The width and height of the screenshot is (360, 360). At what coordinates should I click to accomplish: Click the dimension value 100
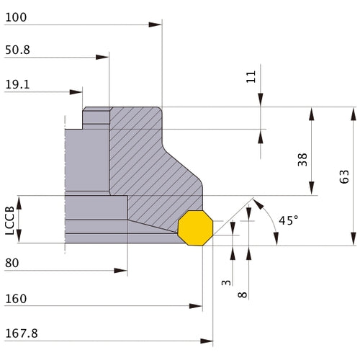[16, 17]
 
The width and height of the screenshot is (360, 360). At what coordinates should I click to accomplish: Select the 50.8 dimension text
[17, 50]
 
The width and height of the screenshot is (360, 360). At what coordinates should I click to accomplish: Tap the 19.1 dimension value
[17, 84]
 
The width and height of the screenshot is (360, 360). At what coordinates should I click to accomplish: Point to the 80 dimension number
[12, 263]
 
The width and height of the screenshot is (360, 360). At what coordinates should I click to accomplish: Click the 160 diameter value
[16, 299]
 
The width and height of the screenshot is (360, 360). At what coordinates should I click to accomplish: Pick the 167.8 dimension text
[22, 333]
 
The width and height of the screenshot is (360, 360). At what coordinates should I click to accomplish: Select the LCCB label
[10, 220]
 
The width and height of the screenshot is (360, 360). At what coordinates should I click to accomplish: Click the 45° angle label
[289, 220]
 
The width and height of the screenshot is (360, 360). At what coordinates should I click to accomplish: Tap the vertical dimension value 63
[344, 176]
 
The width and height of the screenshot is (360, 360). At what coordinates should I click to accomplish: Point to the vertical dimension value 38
[302, 160]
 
